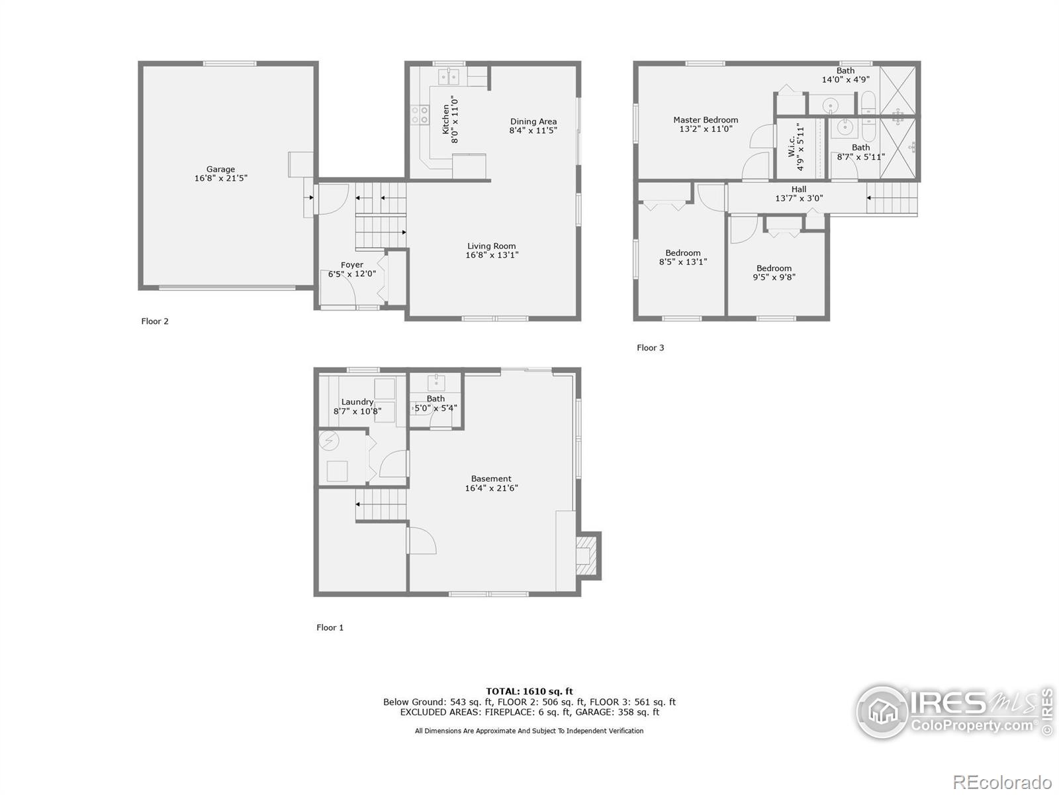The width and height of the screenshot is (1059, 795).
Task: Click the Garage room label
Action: pos(220,170)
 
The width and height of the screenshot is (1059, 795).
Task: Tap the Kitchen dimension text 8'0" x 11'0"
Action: pos(455,120)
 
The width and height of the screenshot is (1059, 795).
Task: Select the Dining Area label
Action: pos(533,122)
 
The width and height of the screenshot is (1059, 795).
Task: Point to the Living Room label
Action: pos(491,246)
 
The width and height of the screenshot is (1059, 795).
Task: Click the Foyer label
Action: pos(351,265)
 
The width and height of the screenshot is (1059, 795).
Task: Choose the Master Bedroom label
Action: pos(706,121)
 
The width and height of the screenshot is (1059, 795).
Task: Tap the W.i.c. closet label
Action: pos(792,146)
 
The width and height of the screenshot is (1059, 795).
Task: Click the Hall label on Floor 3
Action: pos(799,189)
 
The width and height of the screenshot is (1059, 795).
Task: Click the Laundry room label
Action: pos(357,402)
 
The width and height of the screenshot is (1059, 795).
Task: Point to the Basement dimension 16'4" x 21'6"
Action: pos(491,488)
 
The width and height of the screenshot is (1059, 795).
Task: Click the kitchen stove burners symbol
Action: pos(420,115)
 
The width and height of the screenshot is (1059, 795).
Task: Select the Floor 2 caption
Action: pos(155,321)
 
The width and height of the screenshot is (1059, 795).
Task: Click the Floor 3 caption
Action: pos(650,348)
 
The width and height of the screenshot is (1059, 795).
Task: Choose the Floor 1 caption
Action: pos(330,627)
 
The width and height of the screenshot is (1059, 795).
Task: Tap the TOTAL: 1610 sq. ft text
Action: pos(529,692)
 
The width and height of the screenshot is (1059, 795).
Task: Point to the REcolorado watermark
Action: pos(1003,782)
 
